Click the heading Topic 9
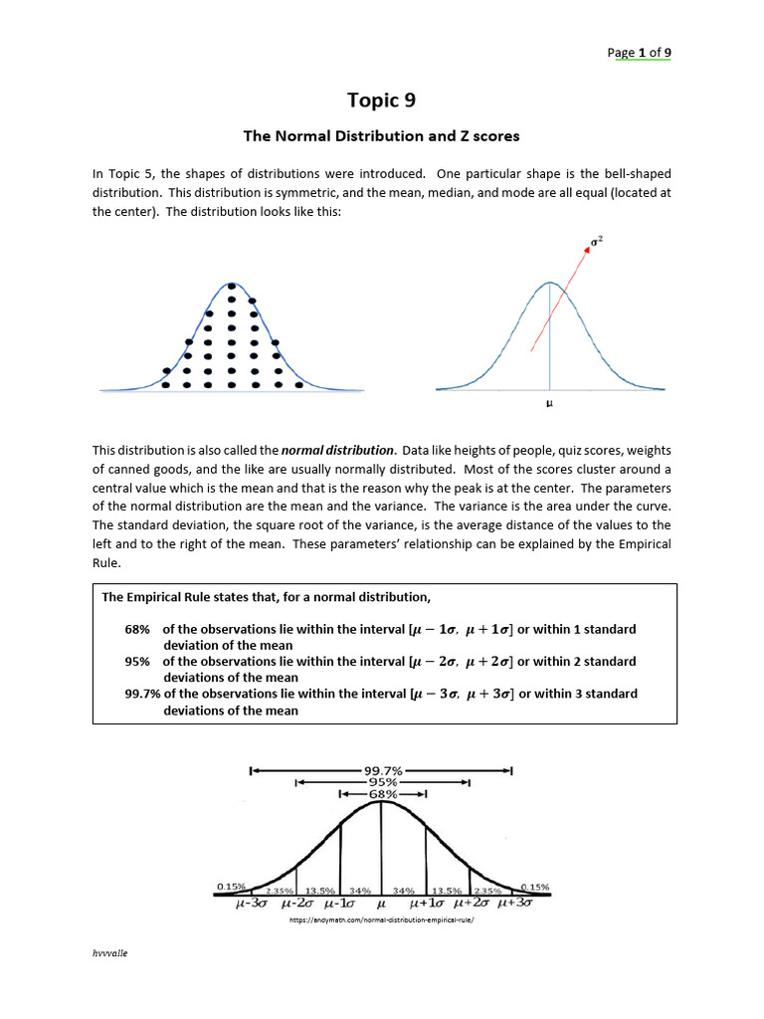pyautogui.click(x=381, y=100)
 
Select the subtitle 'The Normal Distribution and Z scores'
pyautogui.click(x=381, y=135)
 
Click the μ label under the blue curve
pyautogui.click(x=549, y=405)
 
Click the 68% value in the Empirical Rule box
pyautogui.click(x=137, y=630)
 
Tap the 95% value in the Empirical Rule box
pyautogui.click(x=137, y=662)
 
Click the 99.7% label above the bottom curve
pyautogui.click(x=381, y=770)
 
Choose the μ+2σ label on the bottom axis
pyautogui.click(x=472, y=905)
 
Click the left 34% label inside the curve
pyautogui.click(x=359, y=891)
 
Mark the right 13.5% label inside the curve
pyautogui.click(x=446, y=891)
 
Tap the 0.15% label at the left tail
pyautogui.click(x=231, y=886)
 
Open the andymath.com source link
pyautogui.click(x=381, y=921)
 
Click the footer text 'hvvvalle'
pyautogui.click(x=110, y=953)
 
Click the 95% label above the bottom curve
pyautogui.click(x=382, y=782)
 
